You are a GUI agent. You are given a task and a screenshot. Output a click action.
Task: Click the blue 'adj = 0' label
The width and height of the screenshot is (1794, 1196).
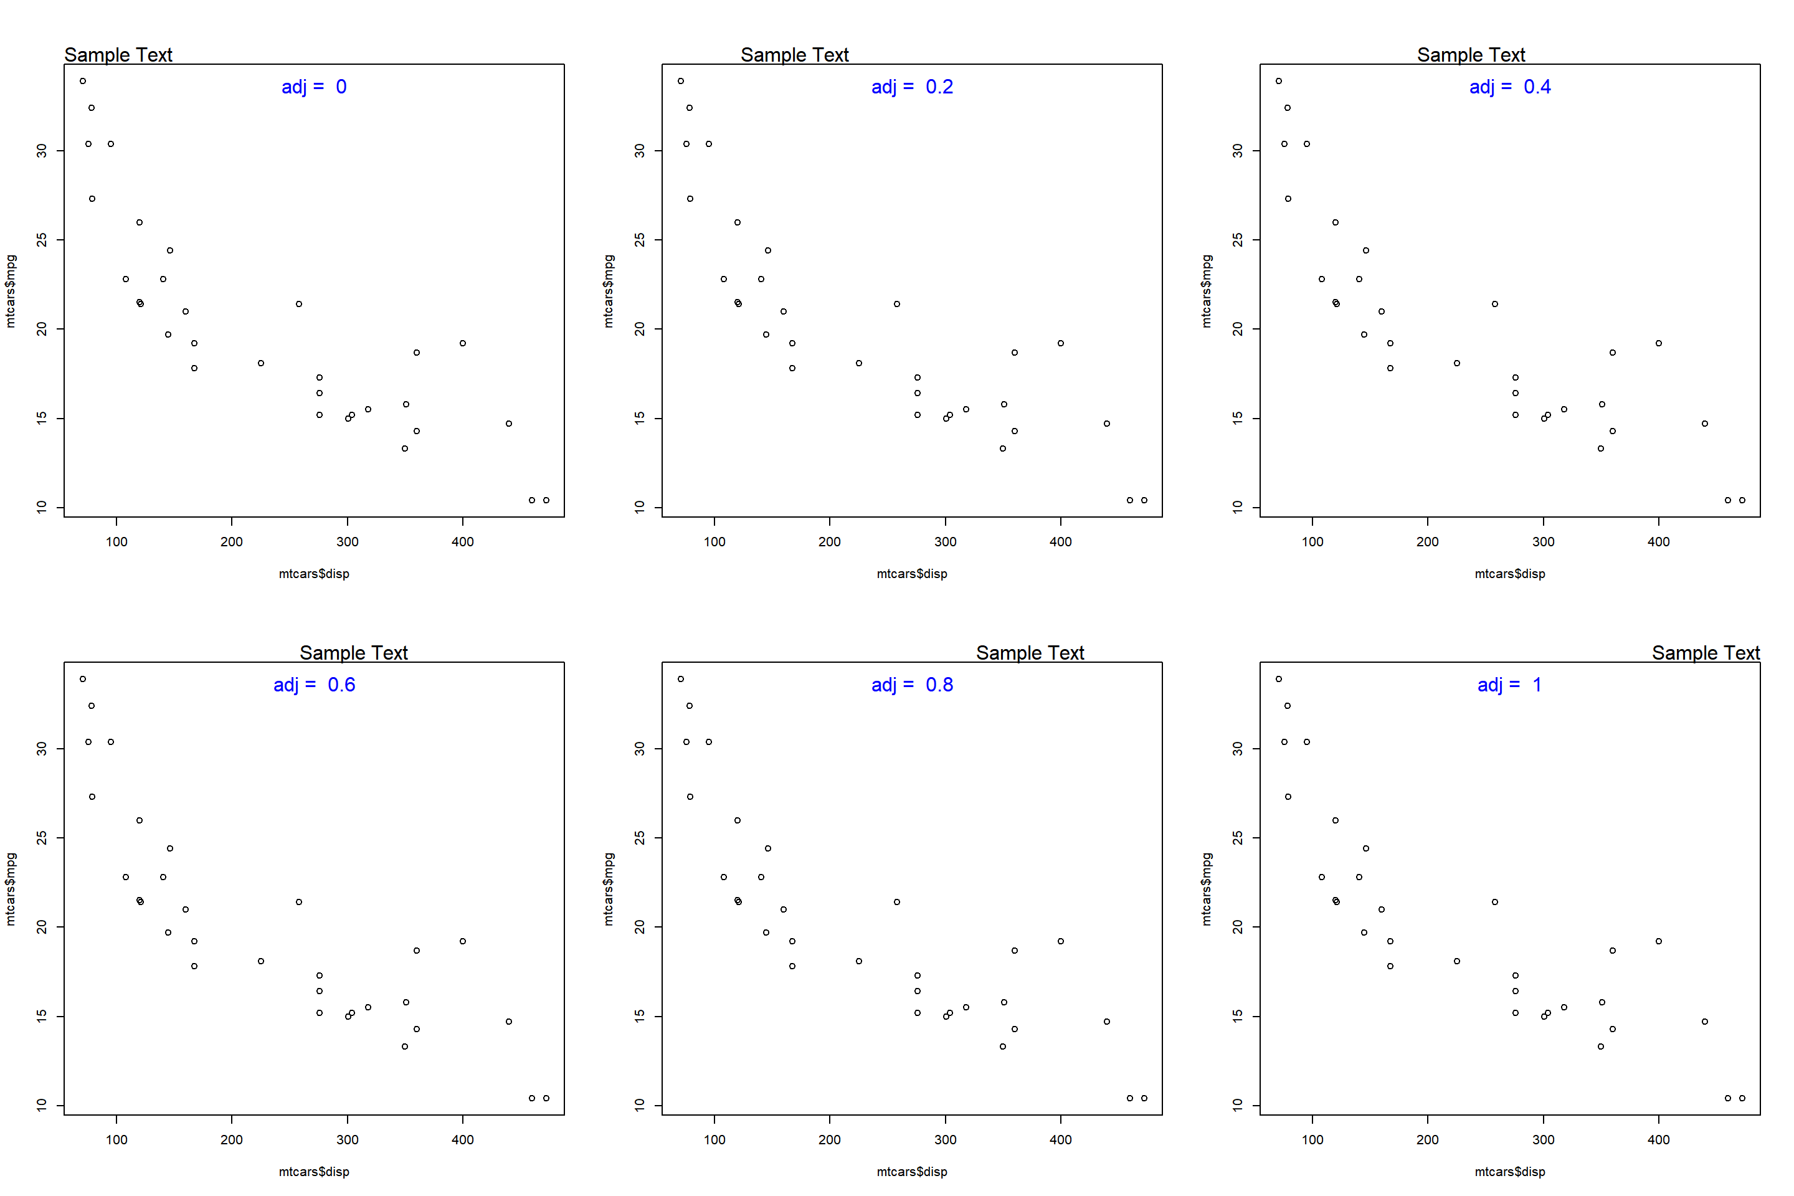[313, 87]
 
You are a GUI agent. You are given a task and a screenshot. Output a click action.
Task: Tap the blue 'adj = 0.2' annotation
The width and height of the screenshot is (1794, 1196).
[911, 87]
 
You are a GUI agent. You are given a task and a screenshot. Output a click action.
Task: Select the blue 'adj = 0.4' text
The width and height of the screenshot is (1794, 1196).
[1509, 87]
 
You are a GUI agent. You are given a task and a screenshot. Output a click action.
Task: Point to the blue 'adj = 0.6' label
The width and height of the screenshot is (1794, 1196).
[313, 685]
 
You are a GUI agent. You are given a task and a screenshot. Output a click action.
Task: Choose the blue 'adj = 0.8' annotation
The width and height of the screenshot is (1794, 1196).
[911, 685]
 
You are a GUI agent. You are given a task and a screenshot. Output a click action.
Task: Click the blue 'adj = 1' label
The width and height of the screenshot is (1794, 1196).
[1509, 685]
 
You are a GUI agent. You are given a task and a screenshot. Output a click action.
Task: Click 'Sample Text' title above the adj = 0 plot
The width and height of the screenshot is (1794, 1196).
[118, 55]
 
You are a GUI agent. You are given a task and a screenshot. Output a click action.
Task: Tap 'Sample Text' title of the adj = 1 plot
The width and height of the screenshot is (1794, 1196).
[1706, 653]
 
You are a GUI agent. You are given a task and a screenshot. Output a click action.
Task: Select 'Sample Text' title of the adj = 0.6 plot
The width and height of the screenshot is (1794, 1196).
[353, 653]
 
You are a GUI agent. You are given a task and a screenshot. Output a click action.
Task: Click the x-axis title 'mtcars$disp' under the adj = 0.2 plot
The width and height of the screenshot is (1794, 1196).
[911, 574]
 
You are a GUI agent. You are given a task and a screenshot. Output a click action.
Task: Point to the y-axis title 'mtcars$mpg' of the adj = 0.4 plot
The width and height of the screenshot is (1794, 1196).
[1206, 292]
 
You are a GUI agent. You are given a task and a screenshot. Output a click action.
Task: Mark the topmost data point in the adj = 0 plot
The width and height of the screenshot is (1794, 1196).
[83, 81]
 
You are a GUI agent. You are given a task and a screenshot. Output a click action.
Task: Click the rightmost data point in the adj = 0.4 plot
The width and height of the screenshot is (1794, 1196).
[1742, 500]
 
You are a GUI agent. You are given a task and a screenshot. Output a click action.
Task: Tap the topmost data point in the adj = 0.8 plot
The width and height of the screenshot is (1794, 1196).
[681, 679]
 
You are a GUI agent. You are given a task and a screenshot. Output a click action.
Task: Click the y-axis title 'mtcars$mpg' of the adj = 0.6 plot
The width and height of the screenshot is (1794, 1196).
[10, 890]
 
